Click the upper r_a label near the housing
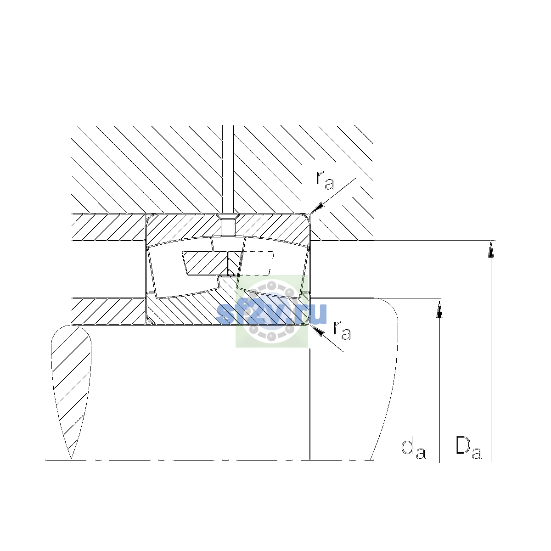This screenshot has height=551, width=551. (325, 180)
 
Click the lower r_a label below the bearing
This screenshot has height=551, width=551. (342, 331)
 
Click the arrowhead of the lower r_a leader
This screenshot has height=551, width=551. (317, 331)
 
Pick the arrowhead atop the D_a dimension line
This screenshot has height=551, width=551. (491, 249)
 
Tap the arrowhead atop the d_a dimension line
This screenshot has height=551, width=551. (439, 309)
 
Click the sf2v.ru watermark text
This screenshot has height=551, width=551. (271, 314)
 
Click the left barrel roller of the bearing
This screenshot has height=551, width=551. (180, 268)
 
